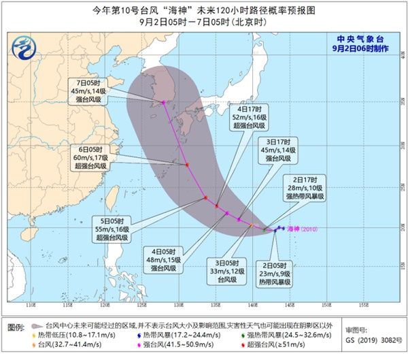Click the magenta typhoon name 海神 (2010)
302,228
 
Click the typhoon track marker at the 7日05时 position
163,103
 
